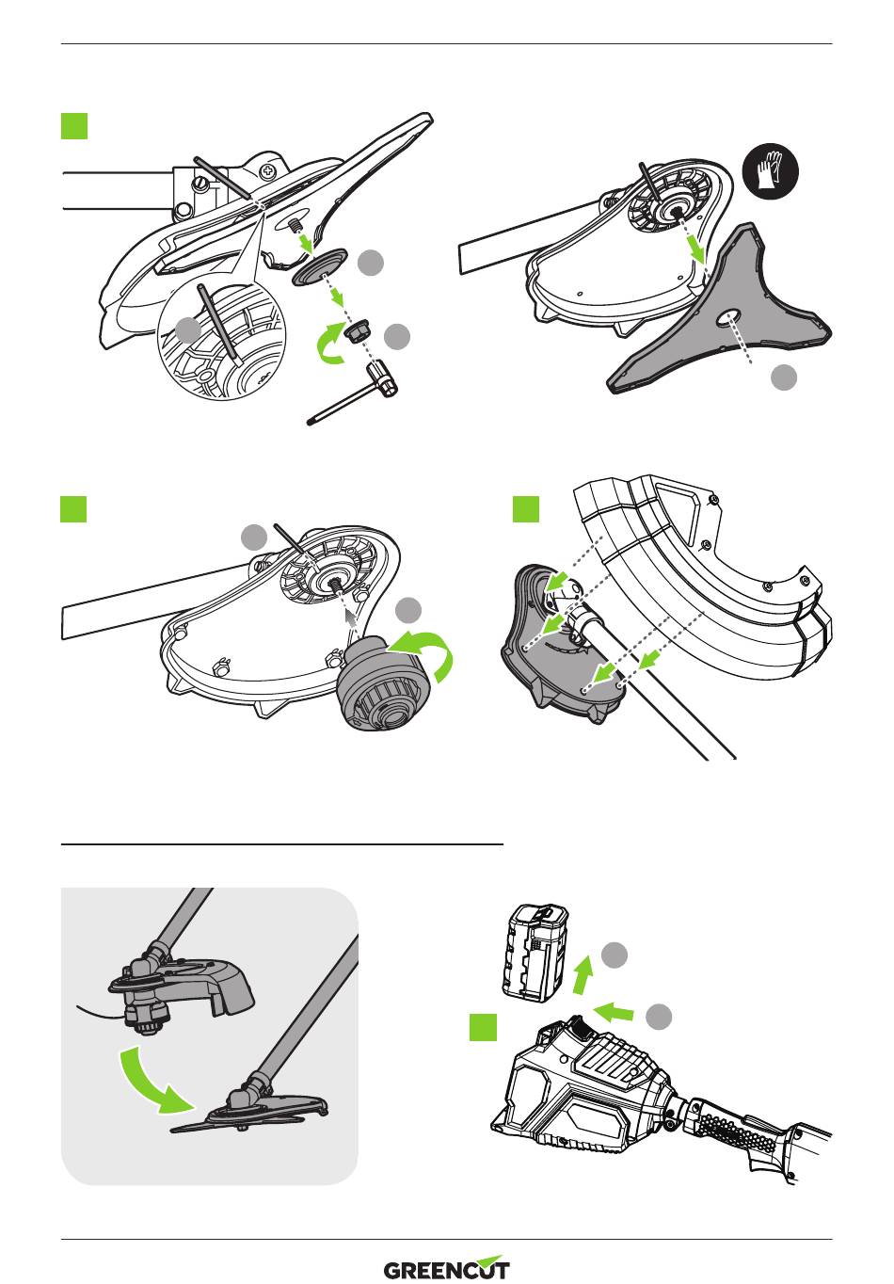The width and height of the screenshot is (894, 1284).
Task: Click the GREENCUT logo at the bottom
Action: coord(447,1269)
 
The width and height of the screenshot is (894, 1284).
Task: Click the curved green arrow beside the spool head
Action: coord(428,657)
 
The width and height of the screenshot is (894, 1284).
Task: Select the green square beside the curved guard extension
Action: coord(526,509)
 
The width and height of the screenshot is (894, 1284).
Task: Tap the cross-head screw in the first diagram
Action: coord(270,172)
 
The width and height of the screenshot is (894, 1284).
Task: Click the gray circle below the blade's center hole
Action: coord(783,377)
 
